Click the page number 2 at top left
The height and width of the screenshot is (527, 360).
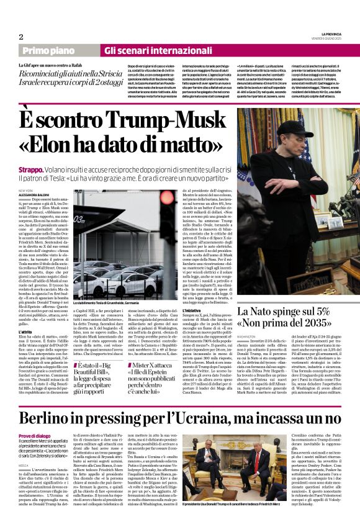click(22, 37)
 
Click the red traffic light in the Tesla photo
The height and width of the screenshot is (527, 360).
click(167, 219)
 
